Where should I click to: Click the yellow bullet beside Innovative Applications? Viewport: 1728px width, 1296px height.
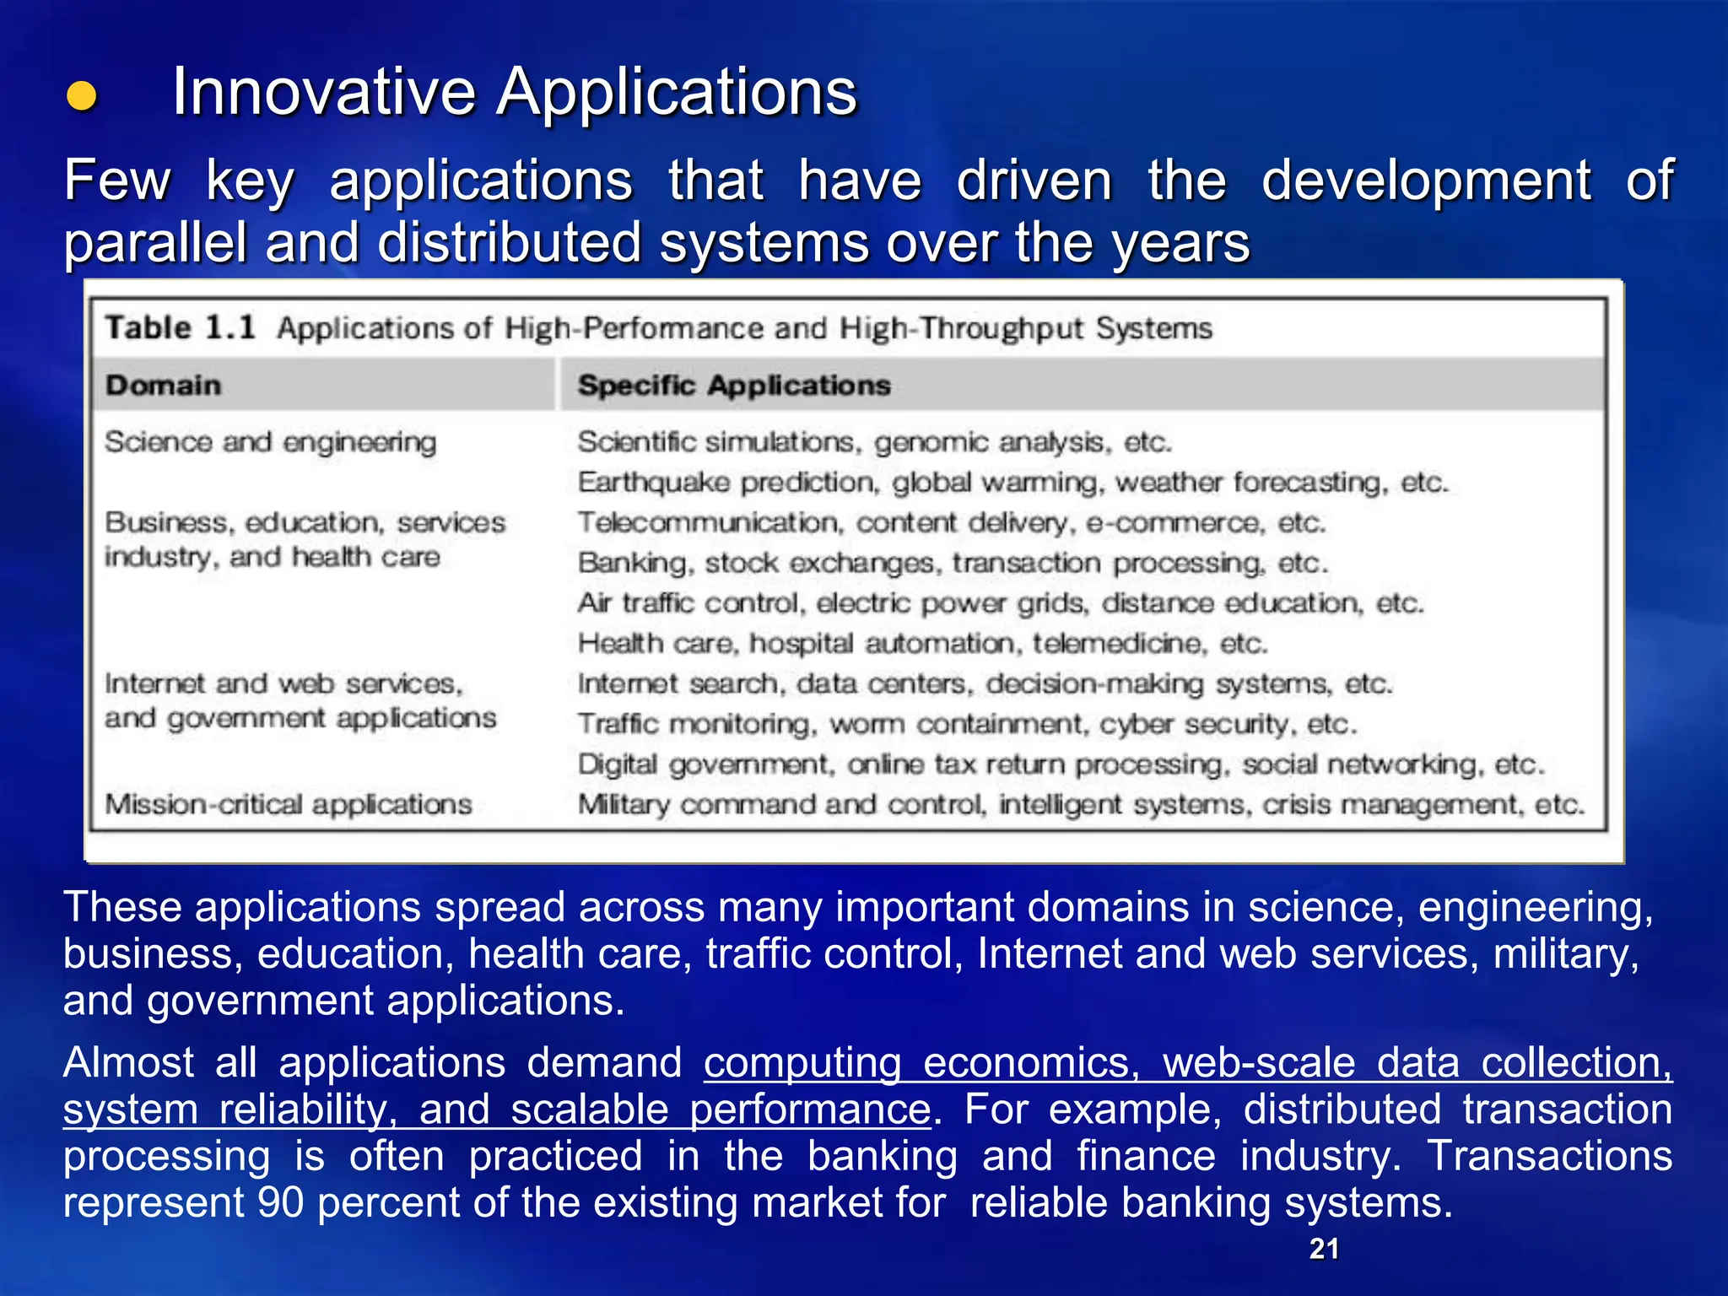(x=83, y=96)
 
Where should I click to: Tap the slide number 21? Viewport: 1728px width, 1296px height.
(x=1324, y=1249)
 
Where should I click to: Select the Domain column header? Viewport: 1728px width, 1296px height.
(x=163, y=386)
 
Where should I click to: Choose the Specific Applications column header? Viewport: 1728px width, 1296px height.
(x=734, y=386)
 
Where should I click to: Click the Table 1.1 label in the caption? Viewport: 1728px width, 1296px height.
(x=180, y=327)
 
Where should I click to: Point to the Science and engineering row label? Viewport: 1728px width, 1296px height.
(x=270, y=442)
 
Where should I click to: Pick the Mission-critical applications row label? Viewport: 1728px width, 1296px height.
(x=288, y=804)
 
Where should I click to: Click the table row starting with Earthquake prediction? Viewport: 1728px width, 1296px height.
(x=1012, y=483)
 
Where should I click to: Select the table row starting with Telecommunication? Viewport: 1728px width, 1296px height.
(x=951, y=523)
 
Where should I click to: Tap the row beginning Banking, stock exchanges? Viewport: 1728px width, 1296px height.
(x=953, y=563)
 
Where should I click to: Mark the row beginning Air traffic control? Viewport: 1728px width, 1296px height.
(x=1000, y=603)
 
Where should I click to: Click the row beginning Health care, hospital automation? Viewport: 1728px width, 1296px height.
(x=922, y=644)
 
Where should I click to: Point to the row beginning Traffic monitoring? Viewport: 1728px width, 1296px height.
(x=966, y=724)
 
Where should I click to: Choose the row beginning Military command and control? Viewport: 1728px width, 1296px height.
(x=1080, y=804)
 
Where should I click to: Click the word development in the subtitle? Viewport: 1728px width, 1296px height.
(x=1426, y=181)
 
